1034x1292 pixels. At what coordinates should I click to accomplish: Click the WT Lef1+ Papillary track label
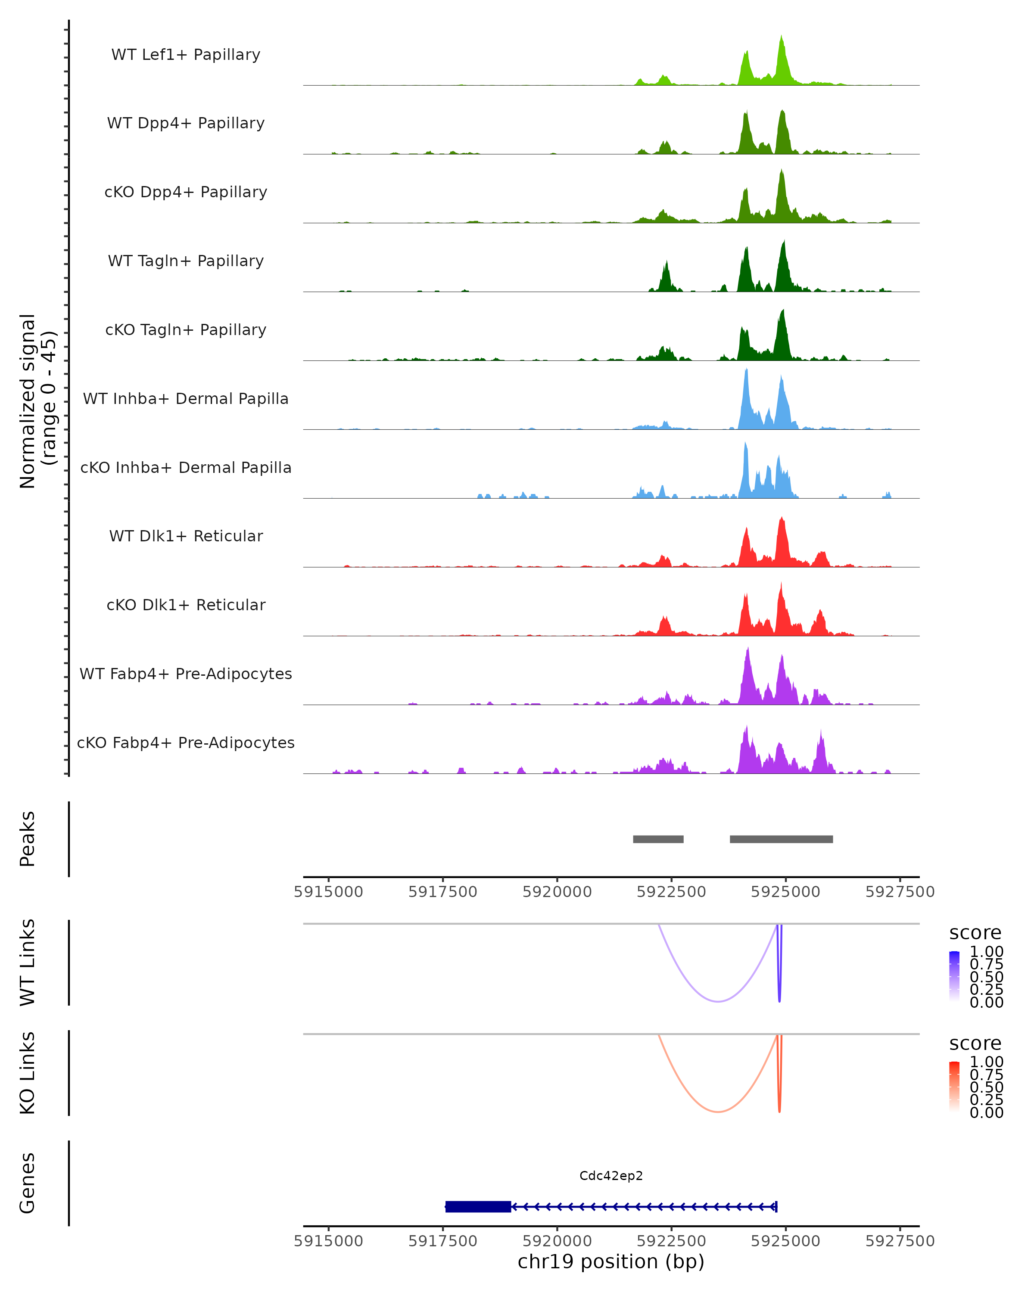pos(186,55)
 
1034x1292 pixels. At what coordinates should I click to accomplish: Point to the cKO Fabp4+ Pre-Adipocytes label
pos(186,742)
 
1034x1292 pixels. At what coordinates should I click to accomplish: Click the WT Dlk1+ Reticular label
pos(186,536)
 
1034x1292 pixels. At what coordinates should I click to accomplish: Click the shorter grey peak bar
pos(658,839)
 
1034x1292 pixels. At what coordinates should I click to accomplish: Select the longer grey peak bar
pos(781,839)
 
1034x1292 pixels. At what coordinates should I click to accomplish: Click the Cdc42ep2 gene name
pos(611,1176)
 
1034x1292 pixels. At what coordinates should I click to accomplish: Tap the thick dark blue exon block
pos(478,1206)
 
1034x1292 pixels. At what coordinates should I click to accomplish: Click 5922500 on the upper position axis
pos(671,892)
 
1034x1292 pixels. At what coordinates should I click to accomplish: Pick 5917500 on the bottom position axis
pos(442,1241)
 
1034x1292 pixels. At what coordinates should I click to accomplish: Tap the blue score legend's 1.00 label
pos(986,952)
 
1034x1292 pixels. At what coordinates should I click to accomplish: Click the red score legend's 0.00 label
pos(986,1113)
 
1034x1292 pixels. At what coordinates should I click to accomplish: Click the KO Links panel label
pos(28,1073)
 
